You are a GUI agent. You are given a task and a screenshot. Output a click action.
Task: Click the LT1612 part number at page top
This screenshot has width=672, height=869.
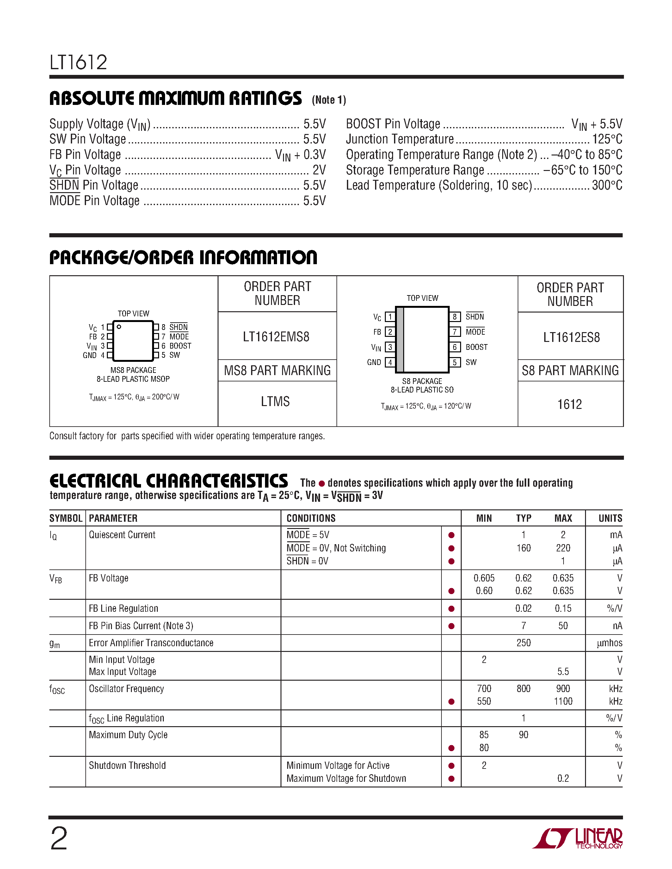point(78,63)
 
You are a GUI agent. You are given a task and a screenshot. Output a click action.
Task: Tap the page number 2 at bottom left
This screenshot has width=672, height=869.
point(59,839)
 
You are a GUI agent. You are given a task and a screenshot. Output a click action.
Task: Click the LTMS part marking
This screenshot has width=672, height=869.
point(275,401)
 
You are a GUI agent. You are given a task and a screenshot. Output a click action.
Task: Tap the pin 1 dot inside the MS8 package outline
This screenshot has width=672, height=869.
point(119,327)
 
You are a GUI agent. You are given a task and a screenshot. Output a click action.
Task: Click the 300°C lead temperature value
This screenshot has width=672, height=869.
point(607,185)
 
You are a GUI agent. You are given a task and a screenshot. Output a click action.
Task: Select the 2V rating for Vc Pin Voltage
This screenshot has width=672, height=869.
point(319,170)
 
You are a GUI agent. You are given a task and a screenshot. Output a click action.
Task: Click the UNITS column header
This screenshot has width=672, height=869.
point(610,518)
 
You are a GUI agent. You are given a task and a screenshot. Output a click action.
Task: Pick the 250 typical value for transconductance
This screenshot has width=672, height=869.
point(523,643)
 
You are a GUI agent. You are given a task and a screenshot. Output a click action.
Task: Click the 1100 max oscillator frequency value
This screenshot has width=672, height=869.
point(563,702)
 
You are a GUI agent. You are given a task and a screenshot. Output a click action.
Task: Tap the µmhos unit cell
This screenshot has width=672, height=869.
point(609,643)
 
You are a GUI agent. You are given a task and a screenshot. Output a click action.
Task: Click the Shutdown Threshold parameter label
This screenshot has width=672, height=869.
point(127,766)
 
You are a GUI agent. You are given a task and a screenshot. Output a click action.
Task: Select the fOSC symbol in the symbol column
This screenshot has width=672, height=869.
point(57,689)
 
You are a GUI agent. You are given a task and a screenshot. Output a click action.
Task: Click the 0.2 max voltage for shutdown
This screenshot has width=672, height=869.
point(563,779)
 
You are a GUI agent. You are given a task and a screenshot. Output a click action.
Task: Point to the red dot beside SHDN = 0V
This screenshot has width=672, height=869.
point(452,562)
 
